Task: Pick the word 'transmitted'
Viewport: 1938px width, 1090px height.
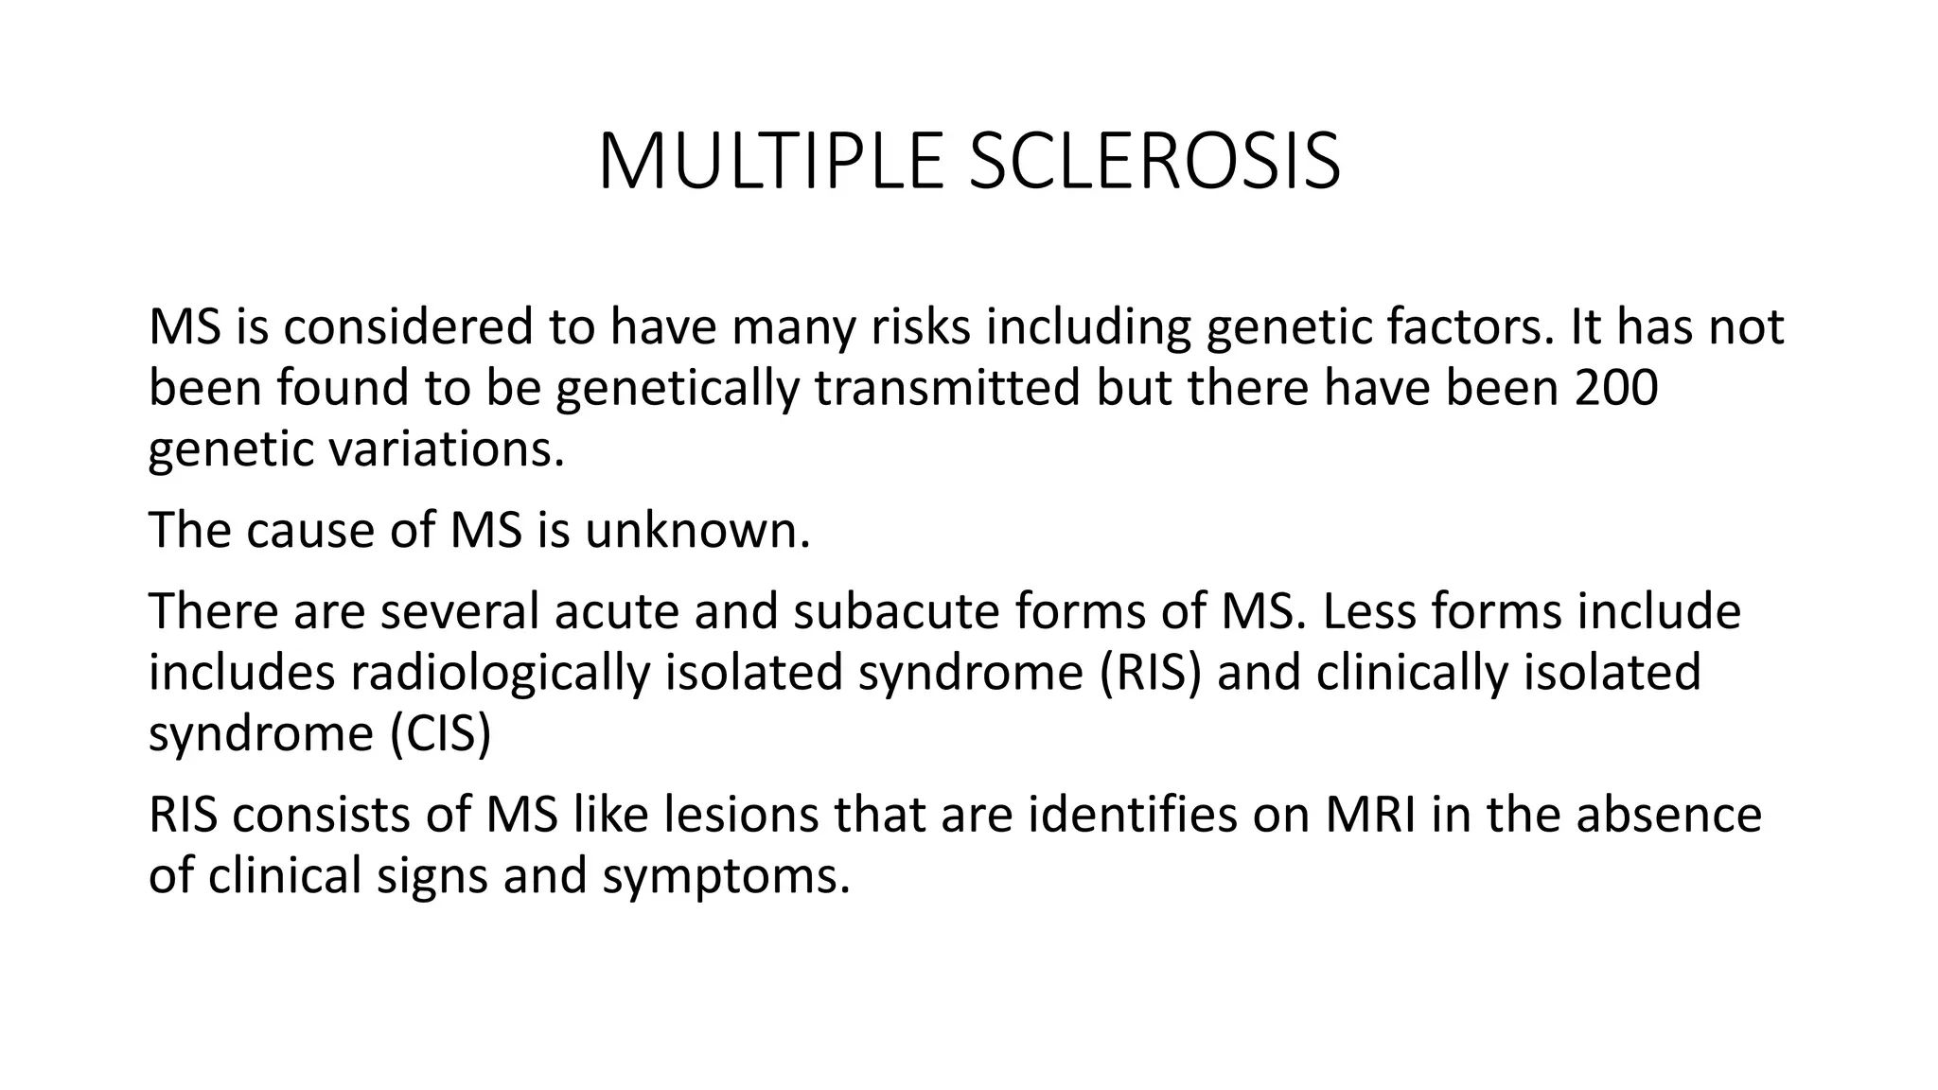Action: pyautogui.click(x=946, y=388)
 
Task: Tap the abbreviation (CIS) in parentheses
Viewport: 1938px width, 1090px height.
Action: pyautogui.click(x=441, y=733)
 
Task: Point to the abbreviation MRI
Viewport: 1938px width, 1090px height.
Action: pyautogui.click(x=1370, y=815)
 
